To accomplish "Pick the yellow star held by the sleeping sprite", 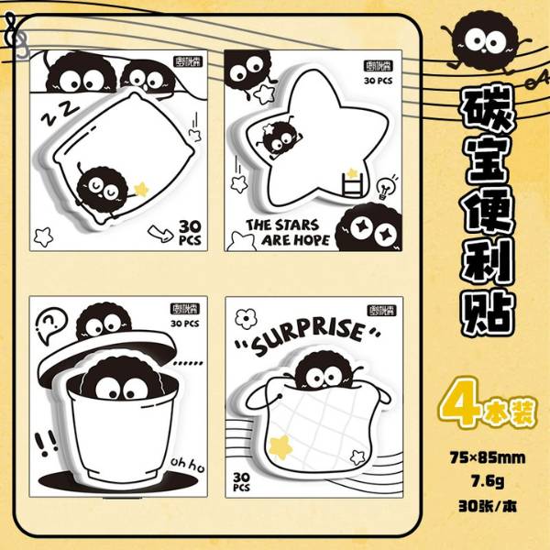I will (141, 189).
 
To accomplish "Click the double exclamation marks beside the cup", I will (42, 445).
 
